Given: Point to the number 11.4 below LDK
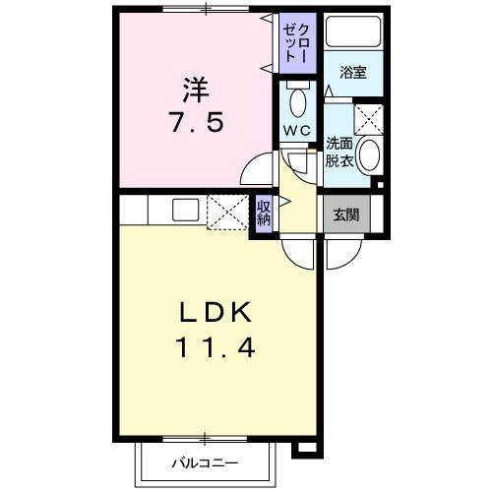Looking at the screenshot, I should click(218, 347).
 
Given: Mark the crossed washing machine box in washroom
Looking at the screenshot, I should click(367, 120).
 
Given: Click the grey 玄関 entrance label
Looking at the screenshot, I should click(345, 214).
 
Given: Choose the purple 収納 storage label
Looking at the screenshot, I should click(264, 212).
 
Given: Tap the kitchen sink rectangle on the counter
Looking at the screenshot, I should click(184, 209).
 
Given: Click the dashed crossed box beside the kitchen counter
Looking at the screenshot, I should click(228, 213).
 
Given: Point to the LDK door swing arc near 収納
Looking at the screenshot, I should click(298, 251).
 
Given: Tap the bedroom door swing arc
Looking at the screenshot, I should click(259, 169).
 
